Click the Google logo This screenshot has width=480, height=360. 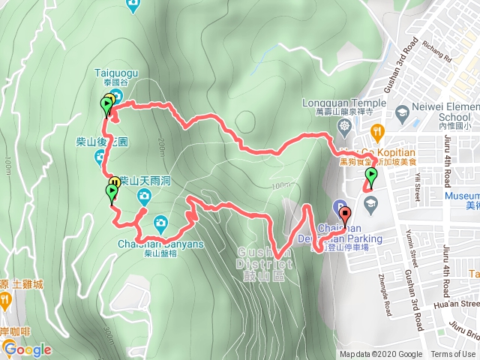pyautogui.click(x=27, y=349)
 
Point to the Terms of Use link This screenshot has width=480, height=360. pyautogui.click(x=453, y=355)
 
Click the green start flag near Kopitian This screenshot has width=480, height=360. pyautogui.click(x=371, y=177)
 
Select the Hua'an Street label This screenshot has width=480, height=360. pyautogui.click(x=458, y=304)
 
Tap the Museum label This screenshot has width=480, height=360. pyautogui.click(x=462, y=195)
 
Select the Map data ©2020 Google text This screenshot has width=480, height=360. pyautogui.click(x=381, y=355)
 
